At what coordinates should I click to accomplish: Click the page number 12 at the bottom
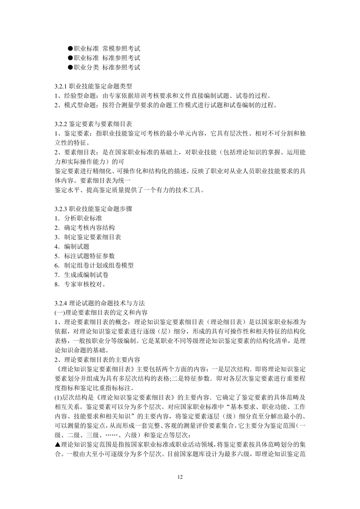(180, 477)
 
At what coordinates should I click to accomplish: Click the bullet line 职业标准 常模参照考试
(104, 48)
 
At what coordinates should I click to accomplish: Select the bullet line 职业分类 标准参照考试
(104, 67)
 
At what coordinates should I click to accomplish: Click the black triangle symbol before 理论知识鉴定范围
(58, 445)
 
